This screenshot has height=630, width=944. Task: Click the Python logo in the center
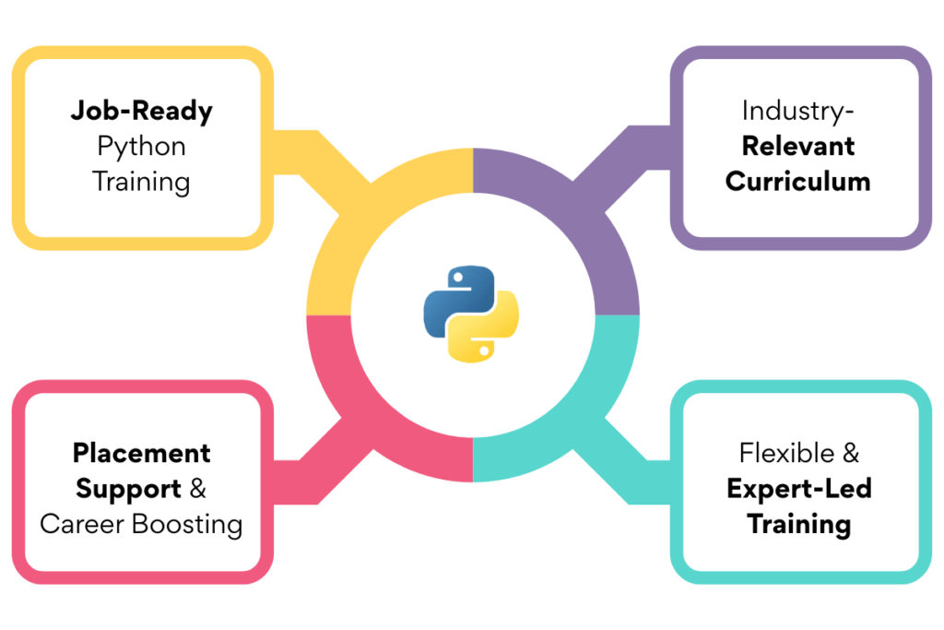471,313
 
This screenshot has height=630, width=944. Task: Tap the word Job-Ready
141,112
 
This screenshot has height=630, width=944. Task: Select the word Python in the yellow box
141,146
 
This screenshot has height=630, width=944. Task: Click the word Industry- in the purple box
798,111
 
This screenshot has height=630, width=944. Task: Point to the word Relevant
798,146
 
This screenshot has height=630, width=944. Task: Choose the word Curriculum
798,181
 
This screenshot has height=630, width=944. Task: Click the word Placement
141,453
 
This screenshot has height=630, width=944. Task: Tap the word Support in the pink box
128,488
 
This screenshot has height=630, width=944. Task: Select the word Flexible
786,453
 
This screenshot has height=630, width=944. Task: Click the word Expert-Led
798,488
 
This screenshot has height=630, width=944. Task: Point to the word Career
84,524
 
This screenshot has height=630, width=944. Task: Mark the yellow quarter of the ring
369,212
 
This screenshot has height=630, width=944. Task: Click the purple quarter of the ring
576,212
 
